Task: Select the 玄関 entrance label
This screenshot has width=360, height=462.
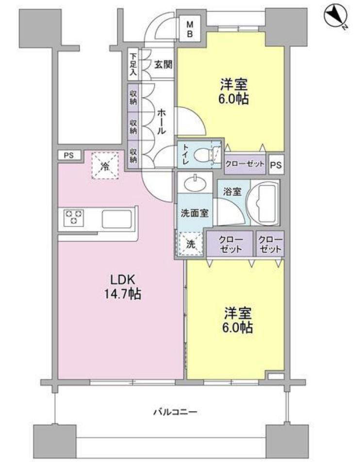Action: (164, 64)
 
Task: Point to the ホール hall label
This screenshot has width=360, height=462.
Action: (161, 121)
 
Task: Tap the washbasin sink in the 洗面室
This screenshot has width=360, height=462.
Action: (195, 183)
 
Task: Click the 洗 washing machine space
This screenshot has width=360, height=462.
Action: (190, 244)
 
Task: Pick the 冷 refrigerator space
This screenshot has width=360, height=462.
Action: (105, 166)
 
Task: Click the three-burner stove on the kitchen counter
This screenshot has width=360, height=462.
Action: (74, 218)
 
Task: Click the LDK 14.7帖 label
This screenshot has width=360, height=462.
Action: (122, 286)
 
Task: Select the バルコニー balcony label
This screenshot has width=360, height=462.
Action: (175, 411)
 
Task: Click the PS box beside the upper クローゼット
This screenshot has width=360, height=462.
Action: (276, 164)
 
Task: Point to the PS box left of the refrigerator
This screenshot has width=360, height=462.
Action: (69, 155)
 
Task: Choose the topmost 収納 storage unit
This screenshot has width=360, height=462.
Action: (133, 97)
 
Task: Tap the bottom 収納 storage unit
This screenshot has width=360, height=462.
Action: (133, 155)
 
